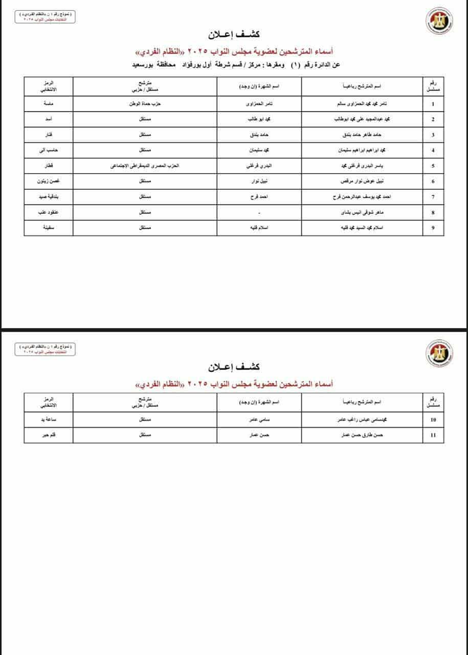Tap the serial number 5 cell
[x=433, y=166]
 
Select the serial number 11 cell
[x=433, y=435]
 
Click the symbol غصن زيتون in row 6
[x=48, y=181]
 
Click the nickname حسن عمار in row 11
[x=263, y=435]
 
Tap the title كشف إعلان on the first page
[x=234, y=35]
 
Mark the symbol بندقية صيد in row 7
[x=48, y=197]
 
